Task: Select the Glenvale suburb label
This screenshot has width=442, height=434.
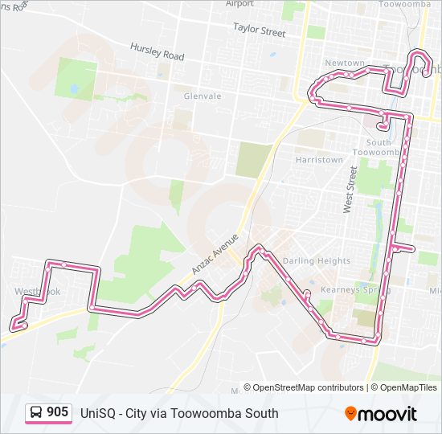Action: (202, 96)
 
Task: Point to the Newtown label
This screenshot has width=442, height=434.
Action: (344, 63)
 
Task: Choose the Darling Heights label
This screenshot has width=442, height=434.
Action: (316, 260)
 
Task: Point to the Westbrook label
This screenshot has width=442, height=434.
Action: (37, 291)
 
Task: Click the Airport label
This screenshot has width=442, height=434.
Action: (239, 3)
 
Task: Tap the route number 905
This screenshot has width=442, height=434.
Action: (57, 412)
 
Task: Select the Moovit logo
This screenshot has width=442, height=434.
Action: (381, 414)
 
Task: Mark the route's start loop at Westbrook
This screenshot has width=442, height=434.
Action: (18, 325)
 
